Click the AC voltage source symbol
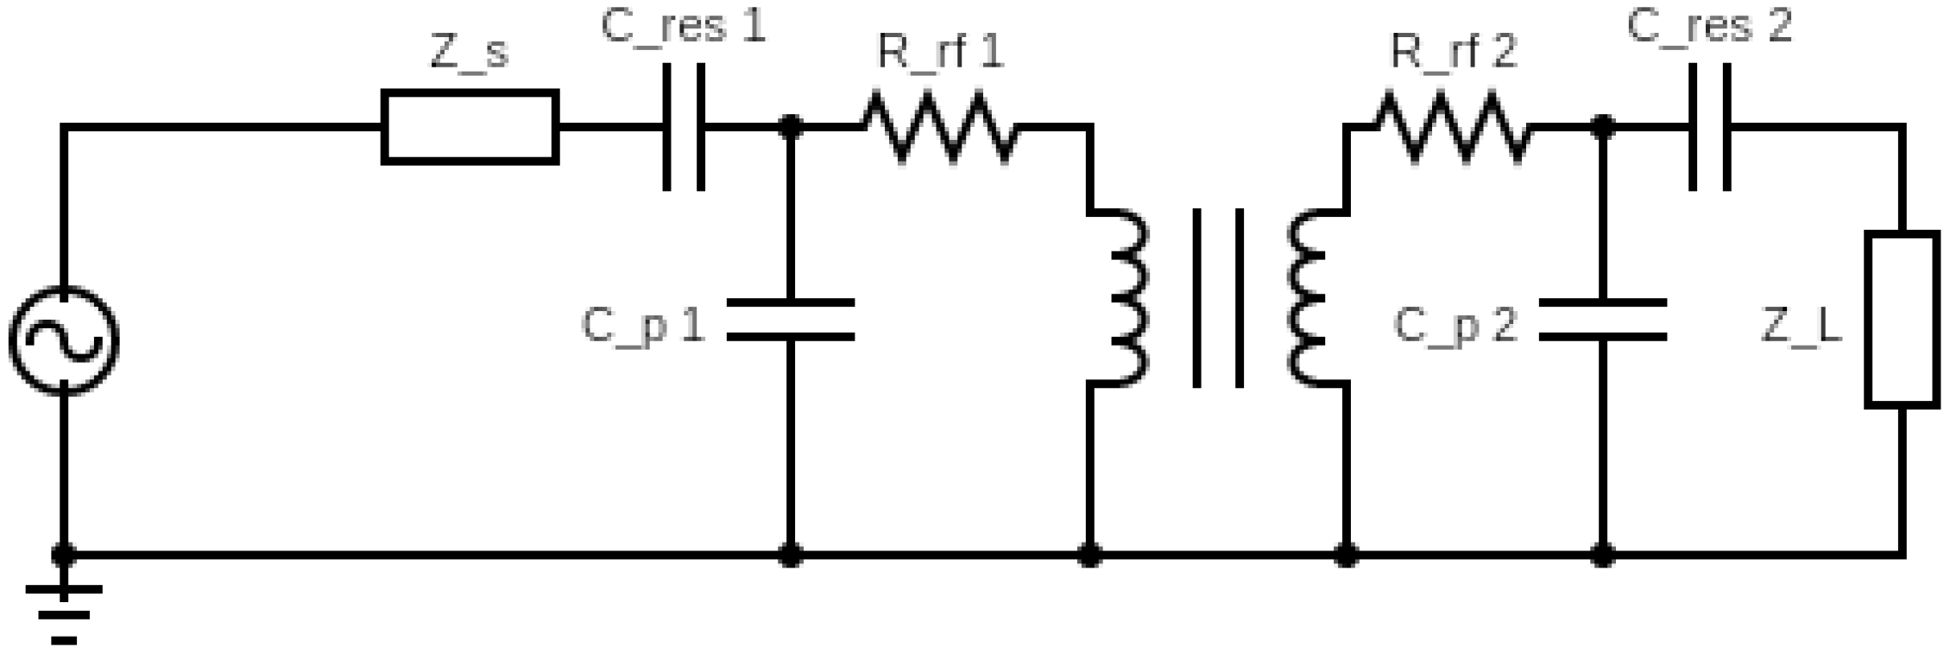64,340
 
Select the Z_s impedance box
470,127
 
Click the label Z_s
470,54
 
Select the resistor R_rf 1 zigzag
938,128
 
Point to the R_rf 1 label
940,54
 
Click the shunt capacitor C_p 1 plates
790,319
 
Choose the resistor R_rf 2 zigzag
1452,128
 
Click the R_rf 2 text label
1454,54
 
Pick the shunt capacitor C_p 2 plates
1602,319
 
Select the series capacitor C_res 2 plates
1709,127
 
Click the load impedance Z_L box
1902,319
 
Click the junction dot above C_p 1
790,127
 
